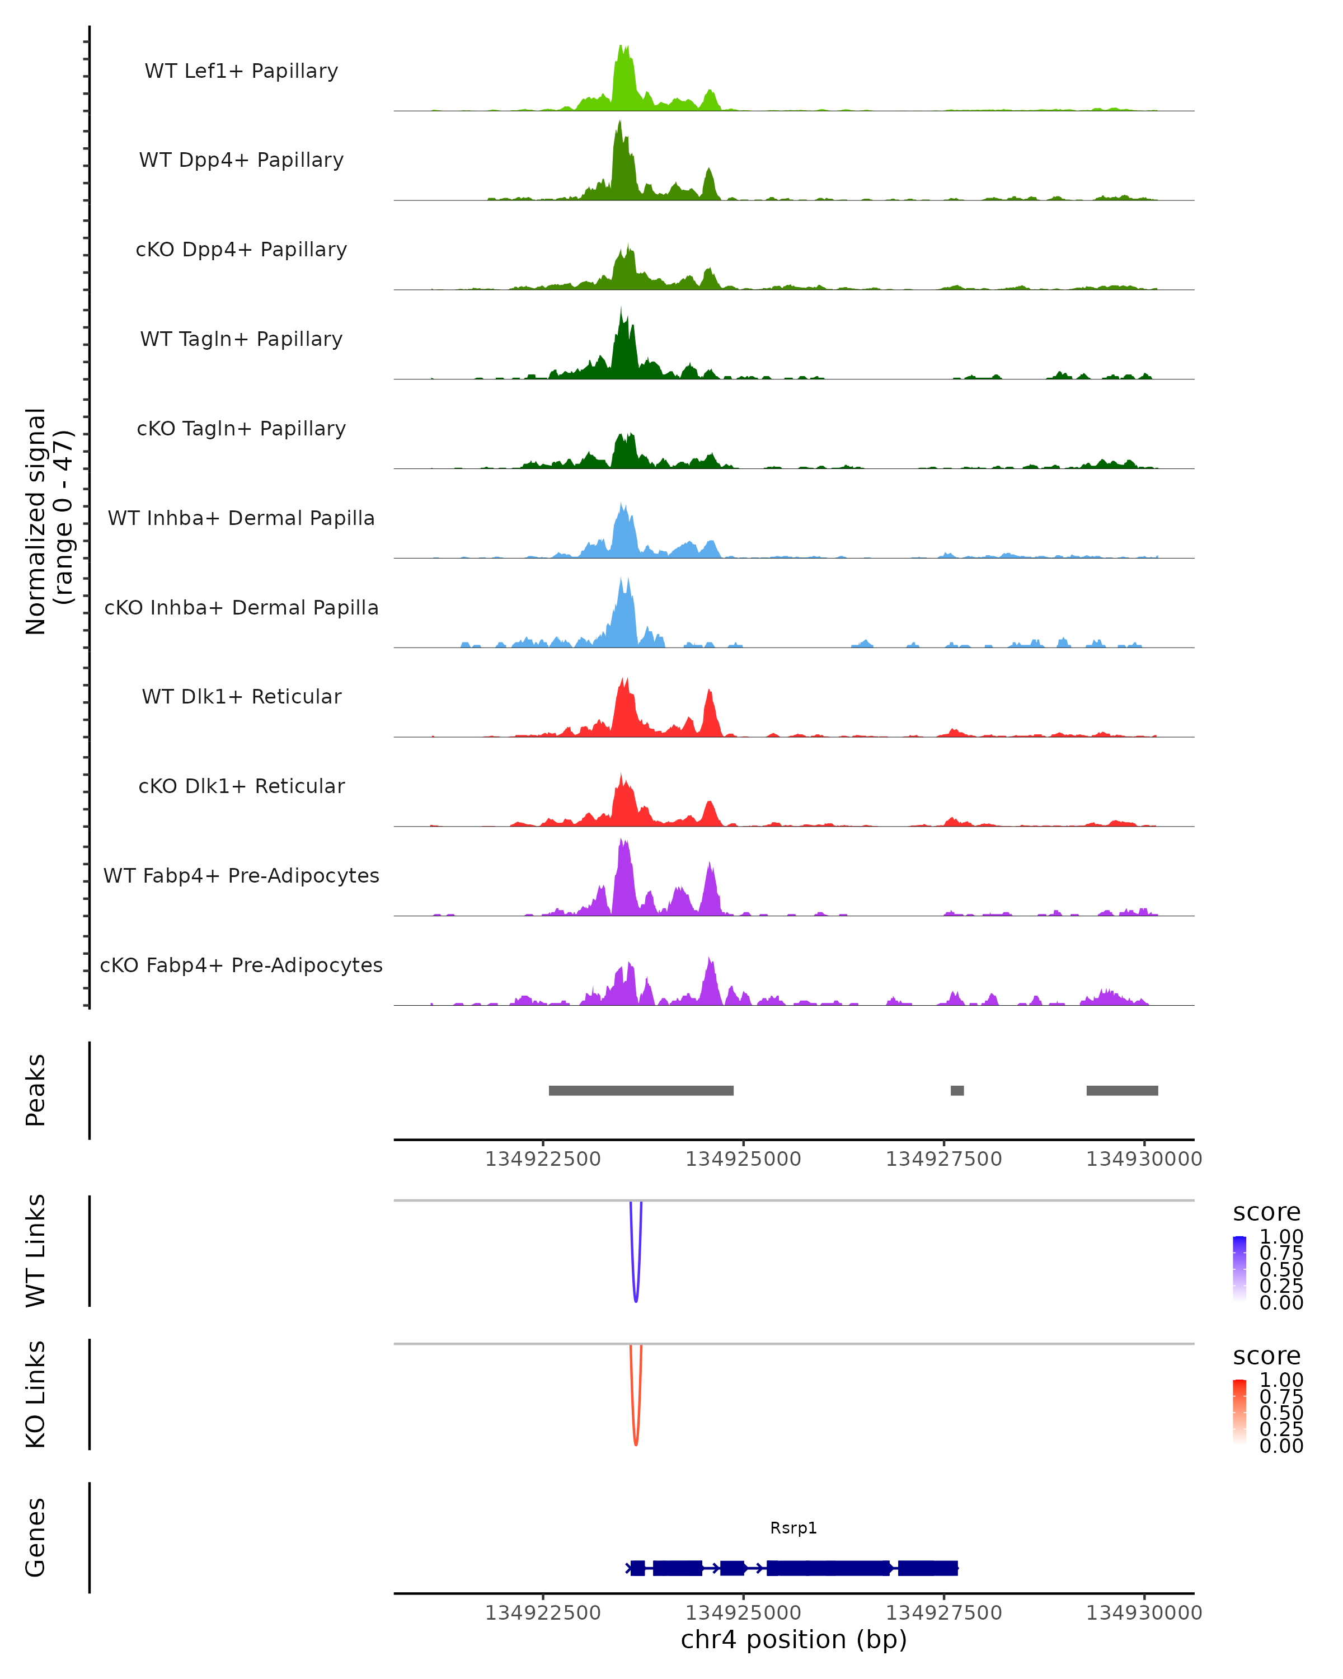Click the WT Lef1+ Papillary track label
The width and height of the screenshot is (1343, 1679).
point(241,71)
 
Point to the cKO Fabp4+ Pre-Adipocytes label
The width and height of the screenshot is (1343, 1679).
point(241,965)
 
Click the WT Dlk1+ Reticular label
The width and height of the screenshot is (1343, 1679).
point(241,696)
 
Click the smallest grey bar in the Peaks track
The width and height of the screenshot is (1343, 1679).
point(957,1090)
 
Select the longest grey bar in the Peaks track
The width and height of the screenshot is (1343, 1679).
point(641,1090)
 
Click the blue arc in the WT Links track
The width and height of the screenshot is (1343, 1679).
point(636,1299)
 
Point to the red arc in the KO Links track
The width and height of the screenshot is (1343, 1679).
point(636,1442)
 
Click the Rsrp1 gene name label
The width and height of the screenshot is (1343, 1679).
point(793,1528)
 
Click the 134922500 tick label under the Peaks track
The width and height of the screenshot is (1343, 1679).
point(543,1159)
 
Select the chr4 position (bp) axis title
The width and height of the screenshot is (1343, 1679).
point(793,1639)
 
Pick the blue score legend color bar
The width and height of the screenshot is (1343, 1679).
point(1239,1269)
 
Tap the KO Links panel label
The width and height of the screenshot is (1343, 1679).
point(36,1394)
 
